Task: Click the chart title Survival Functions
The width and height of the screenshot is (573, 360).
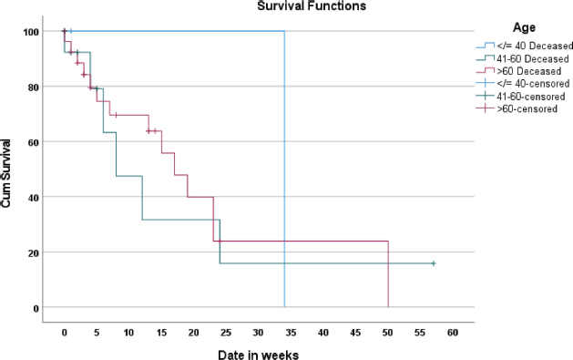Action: [x=312, y=5]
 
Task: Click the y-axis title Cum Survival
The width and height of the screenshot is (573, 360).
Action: [x=5, y=173]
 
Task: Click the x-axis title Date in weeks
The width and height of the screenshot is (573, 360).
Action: [x=259, y=355]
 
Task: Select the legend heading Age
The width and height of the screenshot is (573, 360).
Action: [x=524, y=27]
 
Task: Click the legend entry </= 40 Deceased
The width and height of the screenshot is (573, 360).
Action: [x=524, y=46]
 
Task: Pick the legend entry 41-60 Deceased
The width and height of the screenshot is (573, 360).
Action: [x=522, y=58]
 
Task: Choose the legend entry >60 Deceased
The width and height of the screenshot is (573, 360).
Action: [x=518, y=70]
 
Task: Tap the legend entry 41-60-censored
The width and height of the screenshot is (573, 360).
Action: [x=520, y=97]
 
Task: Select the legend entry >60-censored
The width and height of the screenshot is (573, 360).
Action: [x=517, y=108]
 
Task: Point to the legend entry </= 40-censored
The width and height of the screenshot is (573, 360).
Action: [x=523, y=84]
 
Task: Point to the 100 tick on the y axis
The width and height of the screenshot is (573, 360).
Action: [x=31, y=32]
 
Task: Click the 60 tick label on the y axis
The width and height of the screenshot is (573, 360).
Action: [x=34, y=142]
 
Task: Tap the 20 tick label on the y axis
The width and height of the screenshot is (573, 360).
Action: [x=34, y=253]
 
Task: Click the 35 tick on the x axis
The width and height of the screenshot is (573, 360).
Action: [x=291, y=333]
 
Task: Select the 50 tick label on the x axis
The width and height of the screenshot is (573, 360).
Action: [x=388, y=333]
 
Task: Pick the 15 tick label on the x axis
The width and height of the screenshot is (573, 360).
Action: [x=161, y=333]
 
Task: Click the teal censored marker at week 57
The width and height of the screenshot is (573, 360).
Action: [x=434, y=263]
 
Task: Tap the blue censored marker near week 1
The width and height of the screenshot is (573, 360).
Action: [x=71, y=31]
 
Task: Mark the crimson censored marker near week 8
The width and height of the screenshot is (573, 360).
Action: [x=116, y=115]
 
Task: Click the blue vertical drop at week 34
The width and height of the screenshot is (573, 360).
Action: [x=284, y=170]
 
